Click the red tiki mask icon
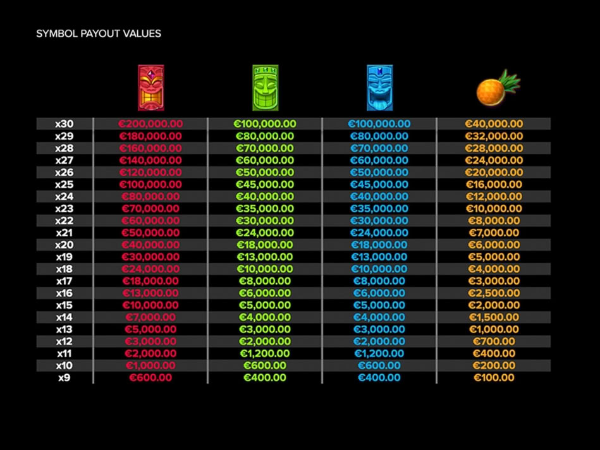[150, 88]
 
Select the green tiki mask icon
[265, 88]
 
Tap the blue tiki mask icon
[379, 88]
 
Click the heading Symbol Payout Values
[99, 33]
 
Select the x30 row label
[64, 124]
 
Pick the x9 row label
[64, 378]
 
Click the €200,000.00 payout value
[150, 124]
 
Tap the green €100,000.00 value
[265, 124]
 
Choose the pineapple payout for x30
[494, 124]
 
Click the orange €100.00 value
[494, 378]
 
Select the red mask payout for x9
[150, 378]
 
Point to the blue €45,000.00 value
[379, 185]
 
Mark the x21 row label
[64, 233]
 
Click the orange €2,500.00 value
[494, 293]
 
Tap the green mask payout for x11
[265, 353]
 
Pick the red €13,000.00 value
[150, 293]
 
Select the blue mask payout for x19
[379, 257]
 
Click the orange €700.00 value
[494, 341]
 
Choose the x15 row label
[64, 305]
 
